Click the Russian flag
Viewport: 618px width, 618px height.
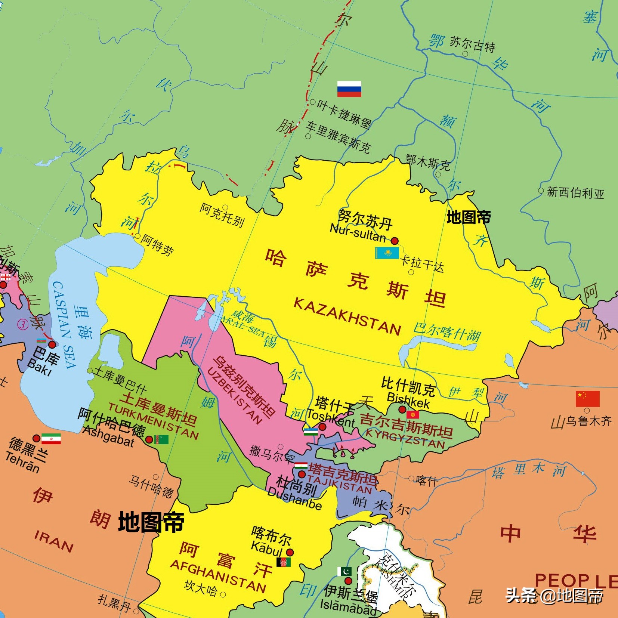pyautogui.click(x=349, y=89)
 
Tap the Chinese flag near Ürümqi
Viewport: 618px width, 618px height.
pyautogui.click(x=587, y=399)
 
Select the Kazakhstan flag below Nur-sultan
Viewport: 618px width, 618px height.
pyautogui.click(x=387, y=253)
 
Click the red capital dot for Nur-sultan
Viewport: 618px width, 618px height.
pyautogui.click(x=395, y=241)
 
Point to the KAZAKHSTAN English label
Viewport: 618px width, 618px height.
pyautogui.click(x=347, y=316)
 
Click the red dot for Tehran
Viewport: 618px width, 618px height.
pyautogui.click(x=36, y=438)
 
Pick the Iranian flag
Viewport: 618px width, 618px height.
pyautogui.click(x=51, y=439)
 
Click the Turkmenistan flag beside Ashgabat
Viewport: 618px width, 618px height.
pyautogui.click(x=161, y=439)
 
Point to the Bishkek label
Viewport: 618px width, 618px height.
pyautogui.click(x=408, y=400)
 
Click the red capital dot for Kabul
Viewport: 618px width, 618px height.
pyautogui.click(x=290, y=552)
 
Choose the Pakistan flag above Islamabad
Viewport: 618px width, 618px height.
pyautogui.click(x=344, y=571)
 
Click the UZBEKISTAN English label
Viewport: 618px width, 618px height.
pyautogui.click(x=234, y=396)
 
